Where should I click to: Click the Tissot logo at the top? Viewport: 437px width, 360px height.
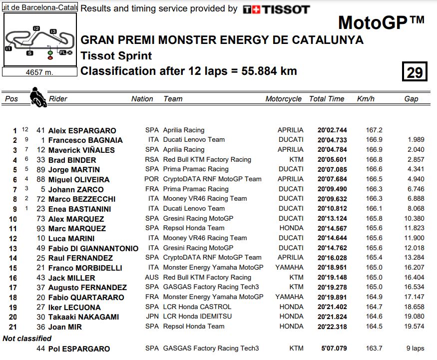click(x=276, y=9)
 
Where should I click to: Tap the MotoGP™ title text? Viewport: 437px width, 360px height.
click(x=381, y=22)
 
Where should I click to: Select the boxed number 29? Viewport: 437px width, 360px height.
click(x=415, y=73)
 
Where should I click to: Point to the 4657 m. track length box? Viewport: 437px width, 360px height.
click(x=39, y=72)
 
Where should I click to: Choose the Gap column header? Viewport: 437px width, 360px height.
click(x=411, y=99)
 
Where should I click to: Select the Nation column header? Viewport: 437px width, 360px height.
click(x=142, y=99)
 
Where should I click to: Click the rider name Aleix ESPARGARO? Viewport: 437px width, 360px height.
click(x=82, y=131)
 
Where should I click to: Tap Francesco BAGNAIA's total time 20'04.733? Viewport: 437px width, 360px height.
click(x=332, y=140)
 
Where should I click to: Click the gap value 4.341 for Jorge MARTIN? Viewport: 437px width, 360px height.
click(x=416, y=169)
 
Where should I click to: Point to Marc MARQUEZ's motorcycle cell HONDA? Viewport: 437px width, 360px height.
click(x=291, y=228)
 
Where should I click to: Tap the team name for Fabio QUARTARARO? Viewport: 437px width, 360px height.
click(x=213, y=297)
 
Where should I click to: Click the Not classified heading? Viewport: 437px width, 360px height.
click(x=27, y=339)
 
